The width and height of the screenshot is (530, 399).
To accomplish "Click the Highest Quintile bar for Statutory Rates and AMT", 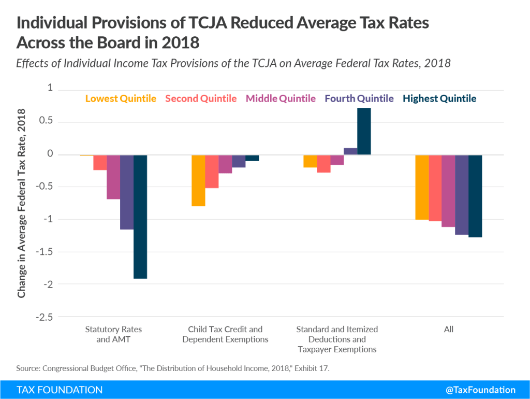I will click(140, 217).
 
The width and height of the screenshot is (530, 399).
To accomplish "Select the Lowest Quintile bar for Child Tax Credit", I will click(198, 180).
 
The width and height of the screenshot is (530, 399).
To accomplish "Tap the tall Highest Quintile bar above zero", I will click(364, 131).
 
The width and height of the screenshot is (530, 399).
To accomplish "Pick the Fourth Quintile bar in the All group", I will click(462, 195).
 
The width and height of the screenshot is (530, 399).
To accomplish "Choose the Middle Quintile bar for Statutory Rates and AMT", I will click(113, 177).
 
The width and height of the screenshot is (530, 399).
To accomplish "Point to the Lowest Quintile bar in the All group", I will click(422, 187).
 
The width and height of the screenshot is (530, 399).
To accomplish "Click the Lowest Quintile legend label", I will click(121, 98).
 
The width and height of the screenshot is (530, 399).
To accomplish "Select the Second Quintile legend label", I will click(201, 98).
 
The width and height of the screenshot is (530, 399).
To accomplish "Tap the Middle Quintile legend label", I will click(281, 98).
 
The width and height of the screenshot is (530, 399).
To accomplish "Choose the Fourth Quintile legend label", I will click(359, 98).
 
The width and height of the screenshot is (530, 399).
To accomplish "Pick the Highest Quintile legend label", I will click(439, 98).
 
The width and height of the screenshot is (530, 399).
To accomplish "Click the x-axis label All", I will click(448, 329).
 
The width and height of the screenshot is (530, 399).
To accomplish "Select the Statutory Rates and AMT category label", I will click(113, 334).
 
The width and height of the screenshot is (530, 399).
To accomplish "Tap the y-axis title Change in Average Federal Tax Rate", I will click(22, 203).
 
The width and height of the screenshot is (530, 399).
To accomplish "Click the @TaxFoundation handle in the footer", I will click(480, 390).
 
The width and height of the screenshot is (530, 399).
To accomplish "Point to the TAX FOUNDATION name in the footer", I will click(60, 390).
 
